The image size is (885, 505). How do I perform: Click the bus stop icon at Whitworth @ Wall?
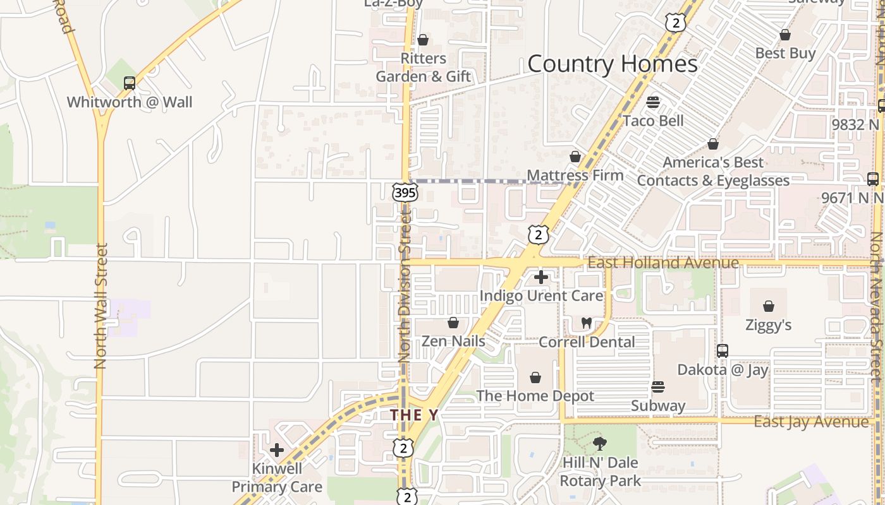pos(130,83)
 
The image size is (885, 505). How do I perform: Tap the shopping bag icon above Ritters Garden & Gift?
pos(423,40)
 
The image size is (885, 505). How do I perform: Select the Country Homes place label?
pos(612,64)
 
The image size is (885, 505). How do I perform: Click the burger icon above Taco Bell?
pos(653,102)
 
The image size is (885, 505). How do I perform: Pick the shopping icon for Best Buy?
pos(785,35)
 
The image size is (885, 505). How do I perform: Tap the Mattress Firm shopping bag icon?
pos(575,156)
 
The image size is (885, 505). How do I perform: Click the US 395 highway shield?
pos(405,192)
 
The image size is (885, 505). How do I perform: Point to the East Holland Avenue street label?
pos(663,263)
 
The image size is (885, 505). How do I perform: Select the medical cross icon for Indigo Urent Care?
pos(541,276)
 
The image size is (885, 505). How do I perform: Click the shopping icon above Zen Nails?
pos(453,323)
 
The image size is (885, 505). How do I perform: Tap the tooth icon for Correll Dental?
pos(586,323)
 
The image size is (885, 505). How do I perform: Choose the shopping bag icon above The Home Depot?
pos(535,377)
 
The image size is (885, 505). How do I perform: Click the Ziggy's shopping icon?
pos(769,306)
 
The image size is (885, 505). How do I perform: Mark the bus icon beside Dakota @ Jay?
pos(723,350)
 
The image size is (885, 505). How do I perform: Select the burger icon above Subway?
pos(658,386)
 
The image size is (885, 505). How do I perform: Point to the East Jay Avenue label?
pos(811,422)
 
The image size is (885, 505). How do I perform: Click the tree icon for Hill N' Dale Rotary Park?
pos(600,444)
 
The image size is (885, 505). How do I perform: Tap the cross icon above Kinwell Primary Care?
pos(277,450)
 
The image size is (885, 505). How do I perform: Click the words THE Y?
pos(414,415)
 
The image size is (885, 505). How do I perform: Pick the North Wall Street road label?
pos(101,306)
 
